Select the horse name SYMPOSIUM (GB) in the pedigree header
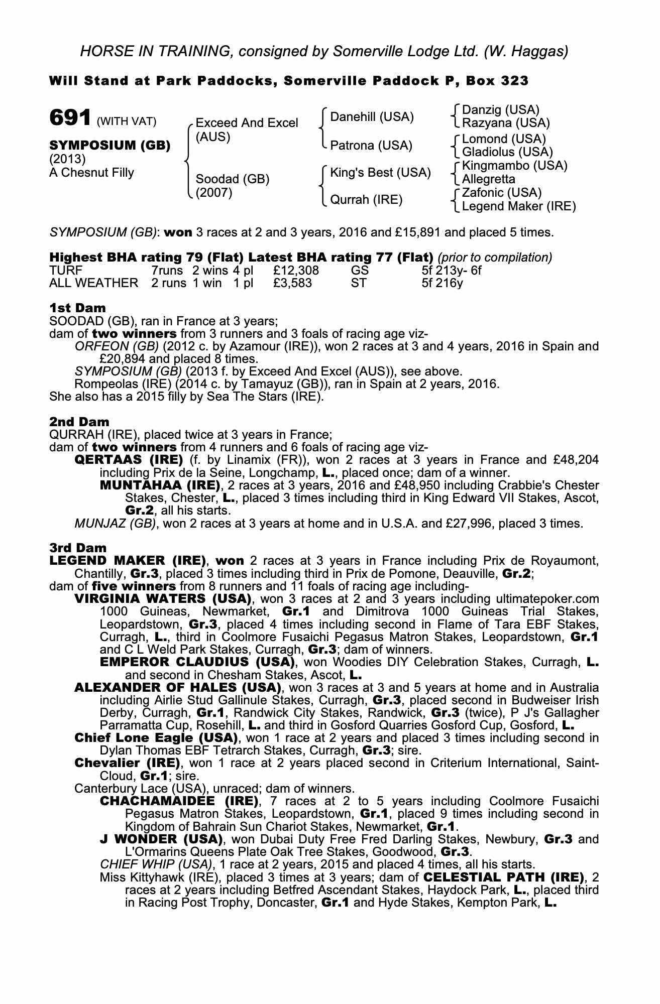click(x=109, y=146)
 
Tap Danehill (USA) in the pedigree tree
click(x=372, y=117)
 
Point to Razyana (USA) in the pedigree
click(x=506, y=123)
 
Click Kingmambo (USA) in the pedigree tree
click(x=515, y=166)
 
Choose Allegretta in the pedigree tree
click(x=489, y=179)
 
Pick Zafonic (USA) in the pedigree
click(x=502, y=193)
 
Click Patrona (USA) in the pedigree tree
click(x=371, y=146)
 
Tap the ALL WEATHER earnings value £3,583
click(x=292, y=283)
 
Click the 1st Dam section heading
click(x=77, y=307)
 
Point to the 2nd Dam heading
click(x=79, y=422)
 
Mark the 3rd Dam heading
click(x=78, y=548)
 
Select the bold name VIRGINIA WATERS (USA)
click(x=162, y=599)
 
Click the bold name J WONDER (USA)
click(x=161, y=839)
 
